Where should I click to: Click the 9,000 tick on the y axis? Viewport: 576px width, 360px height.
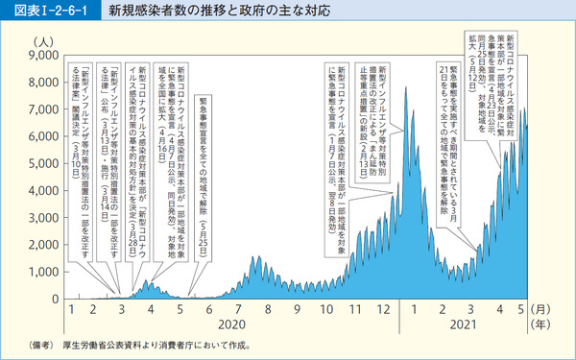[44, 57]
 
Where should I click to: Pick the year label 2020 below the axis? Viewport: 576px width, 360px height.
[240, 325]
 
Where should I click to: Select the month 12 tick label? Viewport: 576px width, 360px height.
[384, 311]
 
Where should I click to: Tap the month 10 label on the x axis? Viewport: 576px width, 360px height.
[323, 311]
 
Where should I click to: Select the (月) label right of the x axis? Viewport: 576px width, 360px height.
[543, 311]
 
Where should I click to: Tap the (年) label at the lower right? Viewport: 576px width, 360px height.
[543, 325]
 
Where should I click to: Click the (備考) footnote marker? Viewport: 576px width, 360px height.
[30, 344]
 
